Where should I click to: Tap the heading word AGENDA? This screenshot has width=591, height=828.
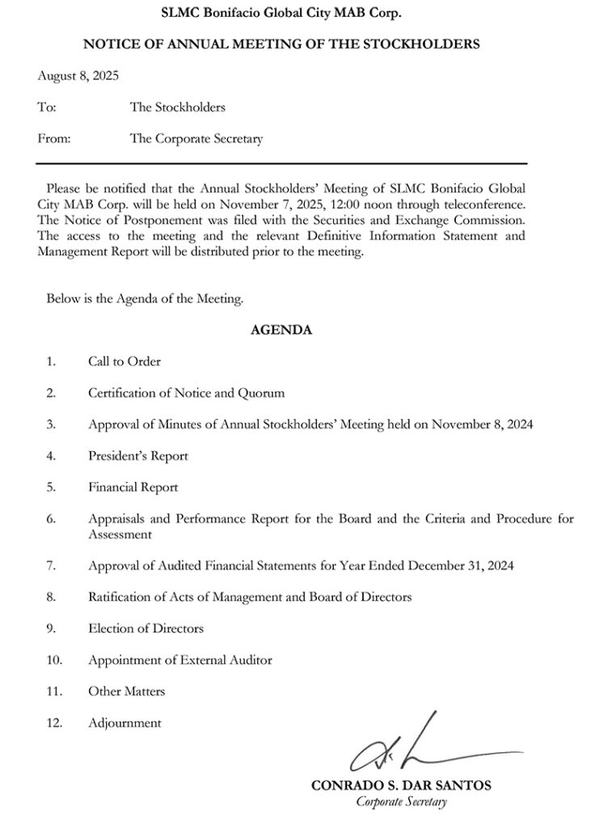(x=281, y=330)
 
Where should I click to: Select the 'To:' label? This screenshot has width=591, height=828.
(x=46, y=107)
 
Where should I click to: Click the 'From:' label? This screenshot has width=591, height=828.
(x=54, y=138)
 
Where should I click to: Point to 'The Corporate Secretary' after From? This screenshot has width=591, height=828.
(x=196, y=138)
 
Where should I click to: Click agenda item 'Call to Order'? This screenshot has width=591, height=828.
(x=125, y=361)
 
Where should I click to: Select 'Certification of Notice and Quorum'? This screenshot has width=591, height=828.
(x=187, y=393)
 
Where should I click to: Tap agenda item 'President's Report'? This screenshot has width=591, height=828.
(x=138, y=456)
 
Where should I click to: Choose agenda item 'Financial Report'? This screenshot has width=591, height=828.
(x=133, y=488)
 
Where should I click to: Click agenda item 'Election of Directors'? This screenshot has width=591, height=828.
(x=146, y=628)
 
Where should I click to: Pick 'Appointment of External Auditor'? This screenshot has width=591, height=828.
(x=180, y=660)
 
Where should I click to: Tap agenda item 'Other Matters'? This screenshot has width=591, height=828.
(x=127, y=691)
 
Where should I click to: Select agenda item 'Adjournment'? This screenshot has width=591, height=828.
(x=125, y=723)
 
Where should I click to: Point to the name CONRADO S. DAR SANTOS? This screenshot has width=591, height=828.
(x=401, y=786)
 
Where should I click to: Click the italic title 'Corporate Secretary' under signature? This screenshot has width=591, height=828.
(x=401, y=802)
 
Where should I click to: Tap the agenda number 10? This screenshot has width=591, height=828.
(x=53, y=660)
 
